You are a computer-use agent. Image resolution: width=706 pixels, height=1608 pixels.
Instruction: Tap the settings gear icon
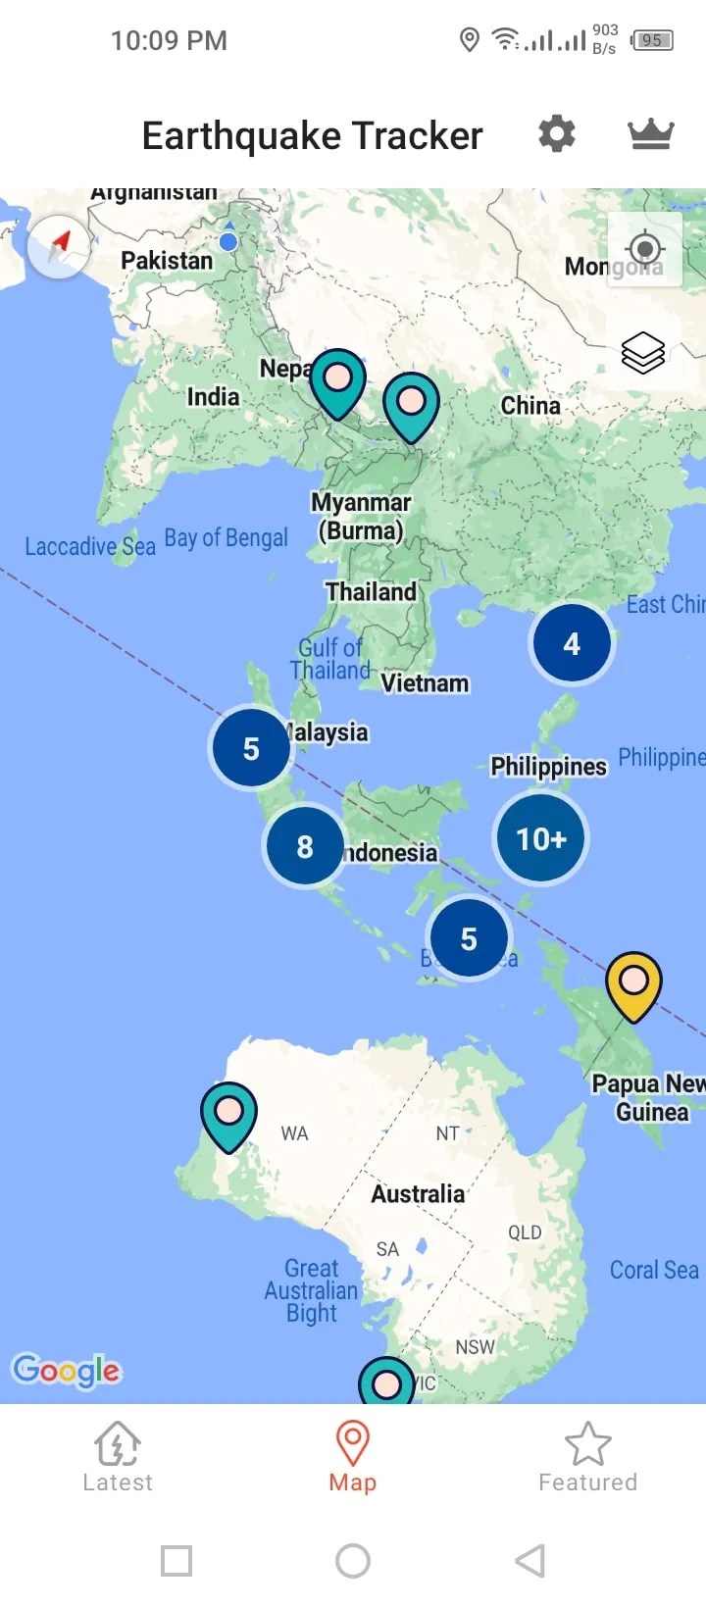[x=556, y=133]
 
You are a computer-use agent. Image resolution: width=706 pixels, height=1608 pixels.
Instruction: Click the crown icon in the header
[x=650, y=134]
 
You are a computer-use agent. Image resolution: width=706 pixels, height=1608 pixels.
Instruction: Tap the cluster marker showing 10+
[x=540, y=838]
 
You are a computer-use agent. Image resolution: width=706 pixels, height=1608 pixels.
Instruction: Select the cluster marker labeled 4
[x=572, y=644]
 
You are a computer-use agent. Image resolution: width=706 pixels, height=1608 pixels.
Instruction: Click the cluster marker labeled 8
[x=305, y=846]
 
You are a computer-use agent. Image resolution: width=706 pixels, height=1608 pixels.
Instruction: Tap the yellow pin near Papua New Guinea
[x=633, y=983]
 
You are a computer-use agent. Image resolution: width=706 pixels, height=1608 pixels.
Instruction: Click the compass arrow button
[x=59, y=246]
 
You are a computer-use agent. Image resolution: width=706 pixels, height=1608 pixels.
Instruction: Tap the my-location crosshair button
[x=644, y=249]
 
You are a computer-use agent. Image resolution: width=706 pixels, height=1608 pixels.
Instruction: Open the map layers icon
[x=643, y=353]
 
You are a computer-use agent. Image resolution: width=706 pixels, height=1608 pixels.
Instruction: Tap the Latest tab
[x=118, y=1457]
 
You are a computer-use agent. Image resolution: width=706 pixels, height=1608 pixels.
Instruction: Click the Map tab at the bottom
[x=353, y=1457]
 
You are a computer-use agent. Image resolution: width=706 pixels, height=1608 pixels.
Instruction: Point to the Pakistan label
[x=167, y=261]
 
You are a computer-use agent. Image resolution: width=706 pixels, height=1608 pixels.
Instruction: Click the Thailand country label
[x=371, y=592]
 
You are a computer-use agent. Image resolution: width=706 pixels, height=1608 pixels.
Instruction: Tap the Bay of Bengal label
[x=226, y=537]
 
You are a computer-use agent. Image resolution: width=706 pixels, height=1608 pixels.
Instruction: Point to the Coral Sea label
[x=654, y=1270]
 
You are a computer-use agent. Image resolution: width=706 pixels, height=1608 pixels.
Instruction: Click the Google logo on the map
[x=66, y=1370]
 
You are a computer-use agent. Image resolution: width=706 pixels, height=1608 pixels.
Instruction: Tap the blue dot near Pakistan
[x=228, y=241]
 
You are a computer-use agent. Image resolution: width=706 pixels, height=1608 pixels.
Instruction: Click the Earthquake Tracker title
[x=312, y=135]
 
